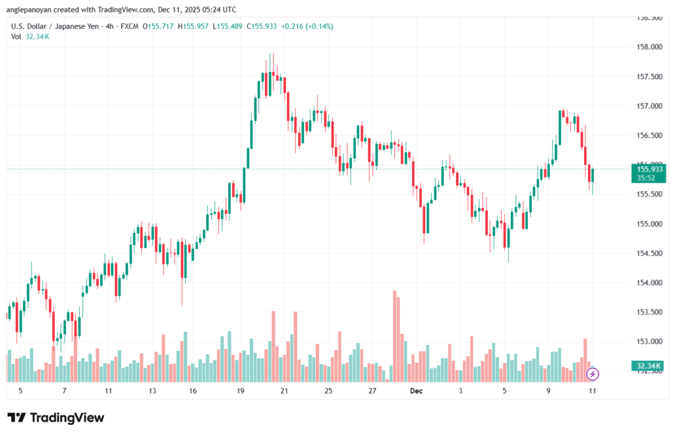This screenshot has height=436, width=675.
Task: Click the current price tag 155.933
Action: click(649, 170)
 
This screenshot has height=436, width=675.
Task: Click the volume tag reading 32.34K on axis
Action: click(649, 365)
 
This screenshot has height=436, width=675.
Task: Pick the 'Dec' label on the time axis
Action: click(416, 390)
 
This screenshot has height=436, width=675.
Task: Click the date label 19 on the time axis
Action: click(241, 390)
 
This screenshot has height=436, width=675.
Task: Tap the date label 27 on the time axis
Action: click(372, 390)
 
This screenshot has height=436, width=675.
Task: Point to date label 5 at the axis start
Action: click(20, 390)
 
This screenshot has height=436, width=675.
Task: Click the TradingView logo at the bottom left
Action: click(55, 418)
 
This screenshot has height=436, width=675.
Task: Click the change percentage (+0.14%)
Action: click(320, 26)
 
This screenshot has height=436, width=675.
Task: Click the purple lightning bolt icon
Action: click(593, 375)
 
